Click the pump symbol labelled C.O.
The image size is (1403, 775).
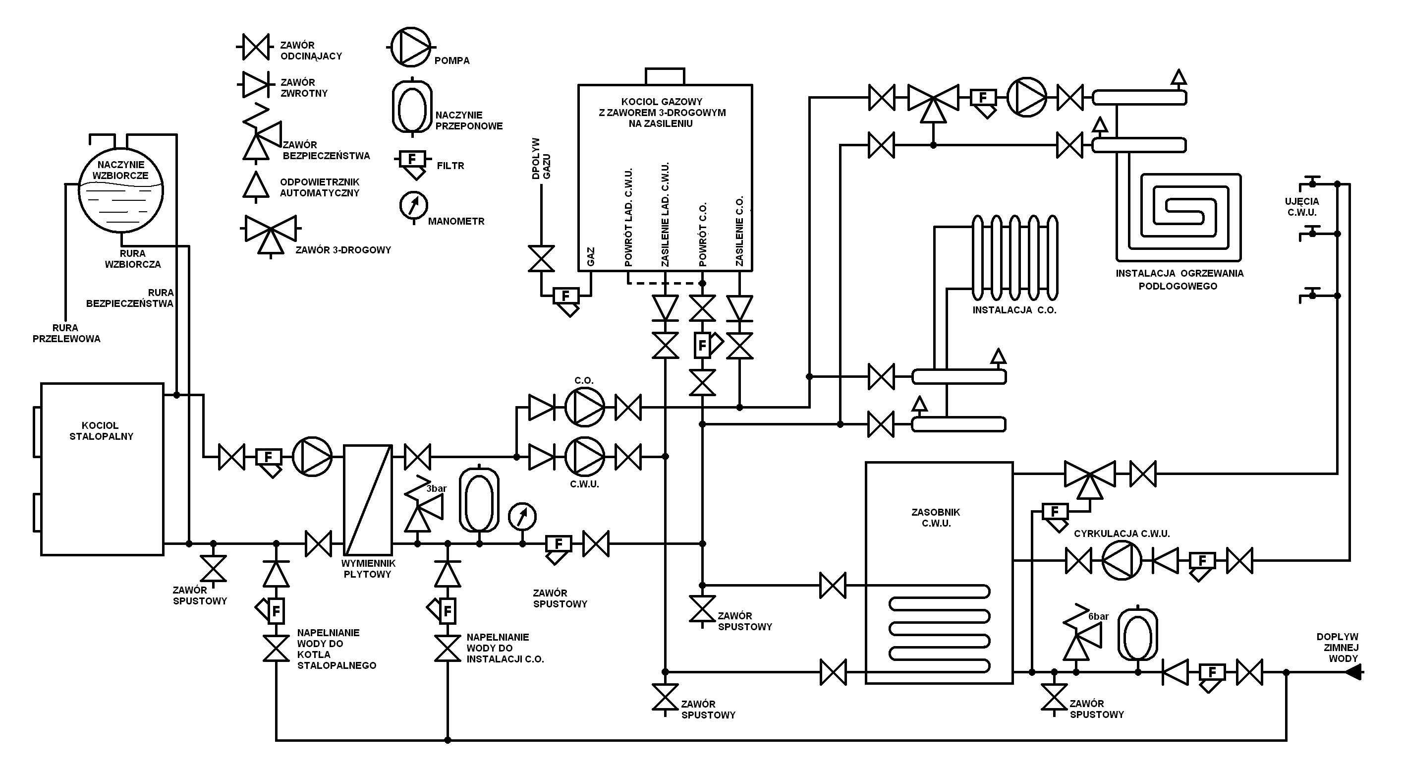pyautogui.click(x=584, y=407)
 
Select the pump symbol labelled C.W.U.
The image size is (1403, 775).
pyautogui.click(x=584, y=456)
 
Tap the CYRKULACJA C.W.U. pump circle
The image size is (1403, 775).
pyautogui.click(x=1122, y=560)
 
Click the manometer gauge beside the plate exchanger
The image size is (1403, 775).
pyautogui.click(x=522, y=516)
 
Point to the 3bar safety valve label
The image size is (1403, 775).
pyautogui.click(x=436, y=489)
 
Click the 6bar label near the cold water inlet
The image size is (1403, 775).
pyautogui.click(x=1099, y=616)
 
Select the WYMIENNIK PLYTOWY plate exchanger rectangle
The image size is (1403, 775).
pyautogui.click(x=368, y=500)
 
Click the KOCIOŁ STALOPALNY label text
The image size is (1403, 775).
pyautogui.click(x=101, y=430)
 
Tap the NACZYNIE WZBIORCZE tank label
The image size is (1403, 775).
pyautogui.click(x=120, y=170)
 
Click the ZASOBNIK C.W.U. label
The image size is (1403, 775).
pyautogui.click(x=936, y=518)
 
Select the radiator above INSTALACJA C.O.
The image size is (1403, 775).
pyautogui.click(x=1015, y=258)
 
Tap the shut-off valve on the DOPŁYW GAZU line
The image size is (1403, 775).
pyautogui.click(x=541, y=258)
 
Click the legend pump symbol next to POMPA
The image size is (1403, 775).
pyautogui.click(x=409, y=48)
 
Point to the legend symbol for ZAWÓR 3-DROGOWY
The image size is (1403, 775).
pyautogui.click(x=271, y=236)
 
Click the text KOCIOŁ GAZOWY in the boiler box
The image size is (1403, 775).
pyautogui.click(x=662, y=101)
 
